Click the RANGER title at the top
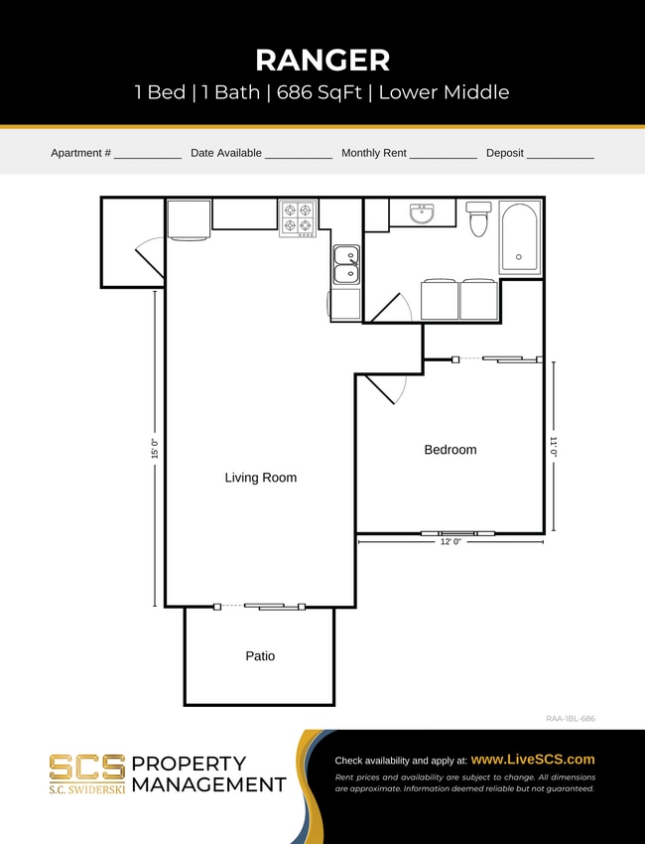[x=322, y=60]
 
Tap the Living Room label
[x=260, y=478]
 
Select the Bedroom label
[x=450, y=450]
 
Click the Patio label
[x=260, y=656]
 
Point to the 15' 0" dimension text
[x=155, y=449]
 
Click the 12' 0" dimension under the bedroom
[x=451, y=541]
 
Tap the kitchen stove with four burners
[x=298, y=218]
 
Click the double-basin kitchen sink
[x=345, y=265]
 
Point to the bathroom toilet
[x=478, y=218]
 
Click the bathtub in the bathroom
[x=519, y=238]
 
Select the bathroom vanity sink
[x=422, y=211]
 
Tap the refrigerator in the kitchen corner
[x=189, y=219]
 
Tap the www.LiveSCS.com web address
[x=532, y=759]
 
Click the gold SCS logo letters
[x=87, y=767]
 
